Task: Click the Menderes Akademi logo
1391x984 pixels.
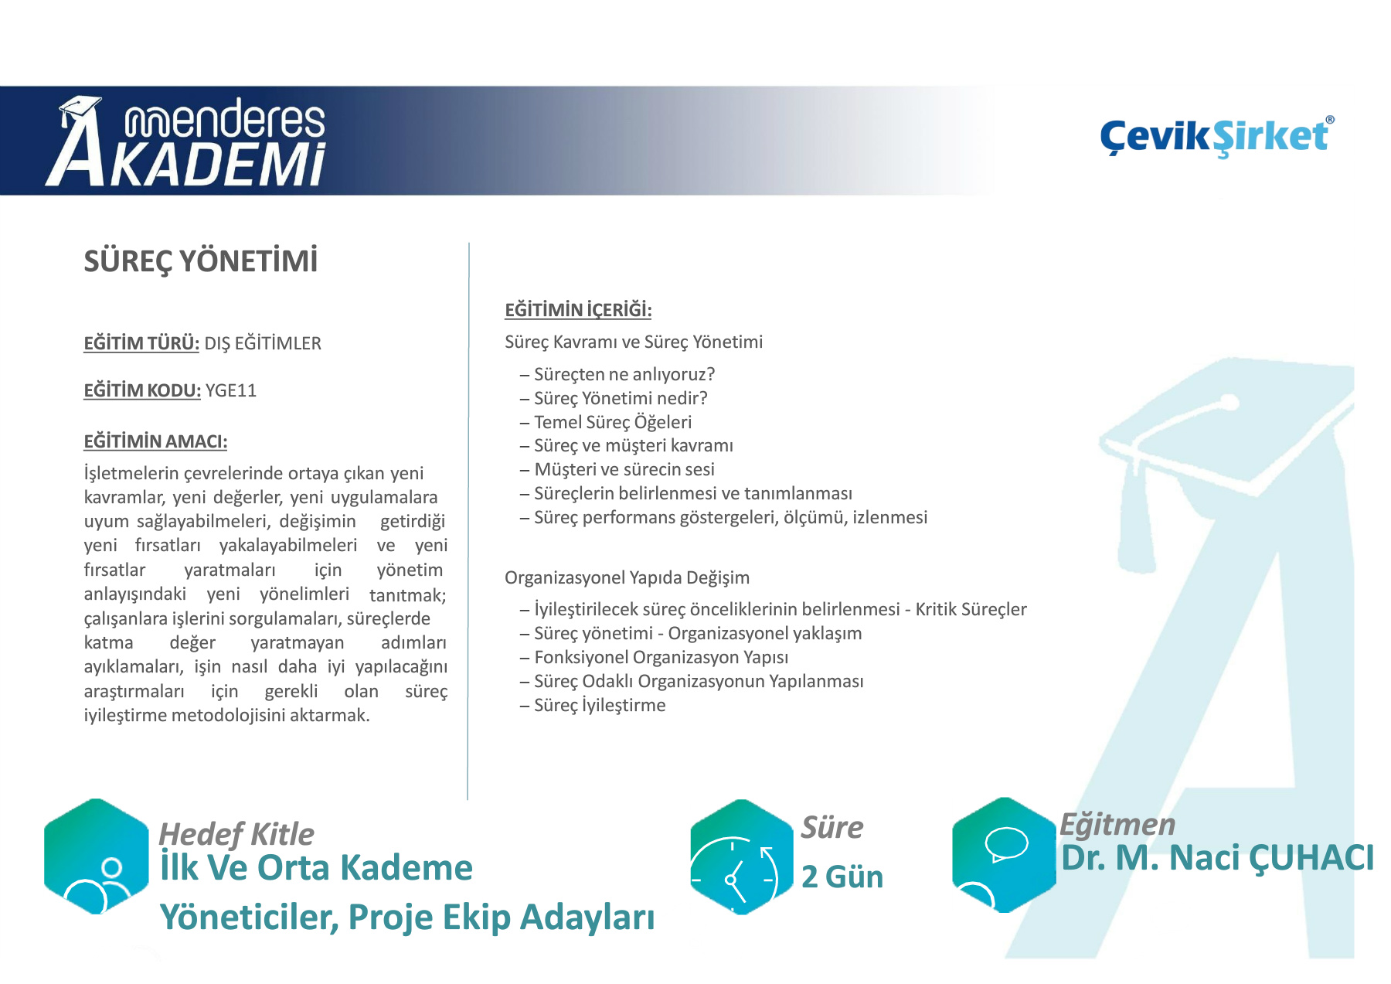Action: click(x=185, y=141)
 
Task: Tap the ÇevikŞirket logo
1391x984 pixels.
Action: click(x=1217, y=137)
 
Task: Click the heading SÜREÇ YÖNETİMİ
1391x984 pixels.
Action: click(x=201, y=261)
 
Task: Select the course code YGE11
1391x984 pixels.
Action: click(x=231, y=390)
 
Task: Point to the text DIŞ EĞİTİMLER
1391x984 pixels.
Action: click(x=263, y=343)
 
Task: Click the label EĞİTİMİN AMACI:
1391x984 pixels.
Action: click(x=155, y=441)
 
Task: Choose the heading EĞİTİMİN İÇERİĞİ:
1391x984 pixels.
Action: click(x=578, y=310)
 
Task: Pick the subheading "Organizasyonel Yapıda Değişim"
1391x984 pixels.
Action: click(x=627, y=577)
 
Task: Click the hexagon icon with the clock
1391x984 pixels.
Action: click(x=742, y=856)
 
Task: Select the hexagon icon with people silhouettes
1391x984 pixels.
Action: click(x=97, y=856)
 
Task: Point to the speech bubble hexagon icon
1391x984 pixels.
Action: click(x=1004, y=855)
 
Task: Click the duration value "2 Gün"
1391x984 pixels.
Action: click(x=842, y=877)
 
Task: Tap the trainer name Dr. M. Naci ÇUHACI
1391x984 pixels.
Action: click(x=1217, y=857)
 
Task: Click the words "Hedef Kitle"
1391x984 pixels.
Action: click(x=236, y=834)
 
